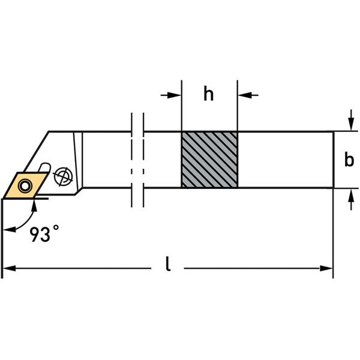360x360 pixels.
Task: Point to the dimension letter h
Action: coord(208,95)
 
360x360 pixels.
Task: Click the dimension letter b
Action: coord(349,160)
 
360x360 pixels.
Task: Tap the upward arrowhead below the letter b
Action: coord(349,193)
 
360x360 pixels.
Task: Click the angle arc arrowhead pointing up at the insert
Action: coord(34,205)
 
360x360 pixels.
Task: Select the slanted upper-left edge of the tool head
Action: coord(36,150)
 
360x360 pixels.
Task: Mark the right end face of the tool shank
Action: coord(333,160)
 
